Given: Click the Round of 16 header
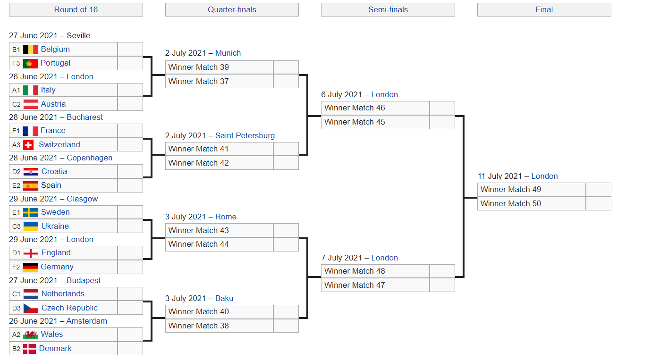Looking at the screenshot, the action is (x=76, y=9).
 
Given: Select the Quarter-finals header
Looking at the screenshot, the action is (x=232, y=9).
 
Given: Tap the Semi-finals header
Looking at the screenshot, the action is (x=388, y=9).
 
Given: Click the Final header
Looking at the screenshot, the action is (x=544, y=9).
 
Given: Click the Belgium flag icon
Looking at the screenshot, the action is (x=31, y=50).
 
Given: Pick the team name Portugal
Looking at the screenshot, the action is (x=55, y=63).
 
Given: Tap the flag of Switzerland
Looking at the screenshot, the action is (x=28, y=145).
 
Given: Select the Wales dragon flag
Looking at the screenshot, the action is (x=31, y=335).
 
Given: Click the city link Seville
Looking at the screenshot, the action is (x=78, y=35).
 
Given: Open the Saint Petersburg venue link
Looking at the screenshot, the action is (x=245, y=136).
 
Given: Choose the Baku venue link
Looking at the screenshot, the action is (x=224, y=298).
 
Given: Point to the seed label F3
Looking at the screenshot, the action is (x=16, y=63).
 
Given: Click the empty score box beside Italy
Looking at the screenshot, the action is (x=130, y=90).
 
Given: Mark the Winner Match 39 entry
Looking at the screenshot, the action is (x=198, y=67).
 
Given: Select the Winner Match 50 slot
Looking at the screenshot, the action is (x=511, y=204).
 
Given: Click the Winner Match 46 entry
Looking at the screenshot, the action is (x=355, y=108).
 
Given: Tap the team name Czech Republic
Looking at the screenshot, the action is (x=69, y=308).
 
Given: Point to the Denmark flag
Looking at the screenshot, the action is (x=29, y=349).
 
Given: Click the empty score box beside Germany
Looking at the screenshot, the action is (x=130, y=267).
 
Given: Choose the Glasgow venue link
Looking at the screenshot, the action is (x=82, y=199).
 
